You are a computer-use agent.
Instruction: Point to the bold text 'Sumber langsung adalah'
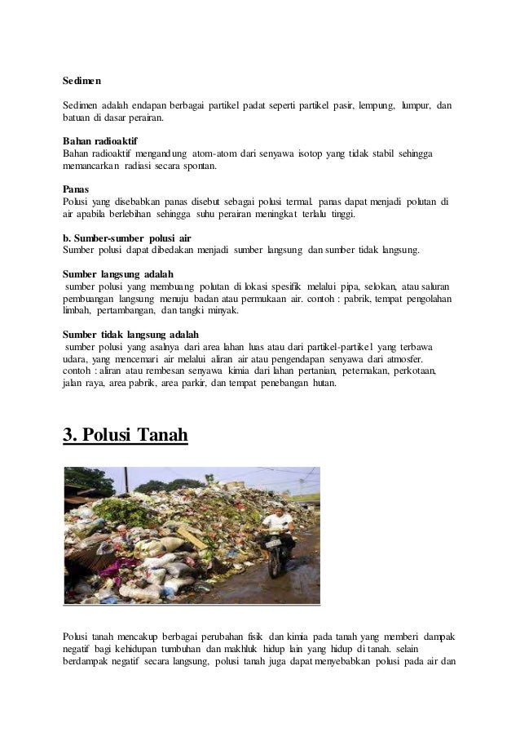click(x=118, y=273)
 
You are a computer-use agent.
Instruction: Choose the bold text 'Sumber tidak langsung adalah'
click(x=130, y=335)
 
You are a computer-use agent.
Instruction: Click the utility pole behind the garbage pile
click(x=126, y=478)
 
